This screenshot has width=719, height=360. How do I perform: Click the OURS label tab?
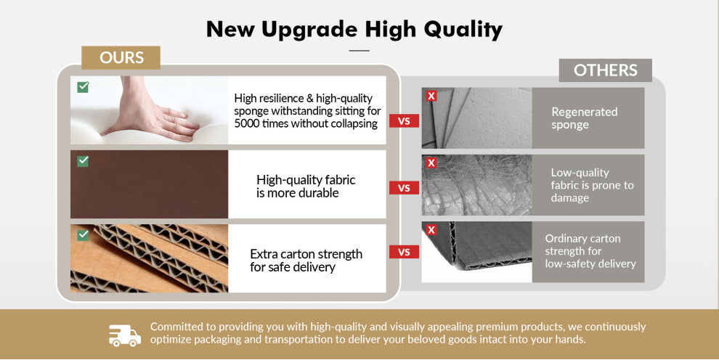pyautogui.click(x=121, y=58)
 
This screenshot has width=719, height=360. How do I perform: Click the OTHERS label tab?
pyautogui.click(x=605, y=70)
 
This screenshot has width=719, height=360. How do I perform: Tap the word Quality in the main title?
pyautogui.click(x=463, y=30)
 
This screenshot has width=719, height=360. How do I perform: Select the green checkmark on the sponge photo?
pyautogui.click(x=83, y=87)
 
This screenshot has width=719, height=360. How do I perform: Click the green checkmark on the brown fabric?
pyautogui.click(x=83, y=161)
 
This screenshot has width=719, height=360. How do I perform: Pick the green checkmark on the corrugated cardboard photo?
pyautogui.click(x=83, y=235)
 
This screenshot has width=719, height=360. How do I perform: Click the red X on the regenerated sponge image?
pyautogui.click(x=431, y=96)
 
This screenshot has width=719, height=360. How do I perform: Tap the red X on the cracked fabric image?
pyautogui.click(x=431, y=163)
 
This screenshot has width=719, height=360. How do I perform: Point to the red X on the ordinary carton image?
pyautogui.click(x=431, y=229)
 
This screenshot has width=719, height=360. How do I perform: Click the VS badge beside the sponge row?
pyautogui.click(x=404, y=121)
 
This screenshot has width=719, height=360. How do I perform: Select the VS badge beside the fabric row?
pyautogui.click(x=404, y=188)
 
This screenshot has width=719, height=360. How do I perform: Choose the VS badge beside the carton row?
pyautogui.click(x=404, y=252)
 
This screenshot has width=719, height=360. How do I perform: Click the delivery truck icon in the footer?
pyautogui.click(x=125, y=335)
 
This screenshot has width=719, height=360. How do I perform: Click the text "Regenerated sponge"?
pyautogui.click(x=584, y=118)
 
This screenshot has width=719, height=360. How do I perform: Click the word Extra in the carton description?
pyautogui.click(x=264, y=254)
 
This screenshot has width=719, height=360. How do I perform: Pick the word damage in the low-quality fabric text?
pyautogui.click(x=570, y=198)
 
